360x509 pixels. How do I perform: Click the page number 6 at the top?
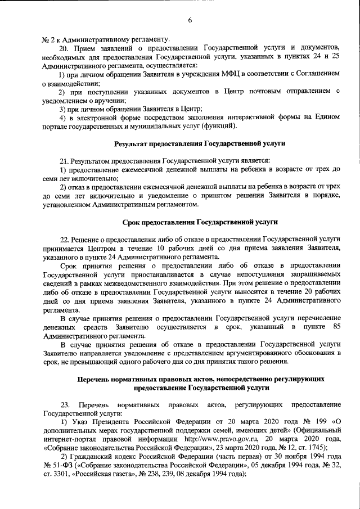pyautogui.click(x=190, y=20)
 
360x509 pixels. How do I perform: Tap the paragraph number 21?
pyautogui.click(x=66, y=161)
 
